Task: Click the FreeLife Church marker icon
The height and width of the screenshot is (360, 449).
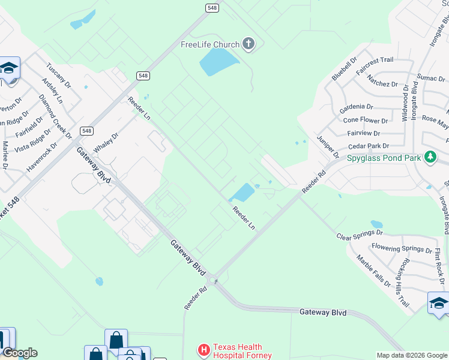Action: [249, 44]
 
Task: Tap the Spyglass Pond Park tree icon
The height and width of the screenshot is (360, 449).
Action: [430, 158]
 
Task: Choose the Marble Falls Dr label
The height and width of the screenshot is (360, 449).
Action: [374, 270]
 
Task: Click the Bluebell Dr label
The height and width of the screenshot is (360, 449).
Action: [344, 69]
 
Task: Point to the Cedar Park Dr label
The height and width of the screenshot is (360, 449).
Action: [369, 146]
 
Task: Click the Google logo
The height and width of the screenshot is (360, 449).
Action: [19, 353]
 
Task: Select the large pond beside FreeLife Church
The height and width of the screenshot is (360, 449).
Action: [218, 61]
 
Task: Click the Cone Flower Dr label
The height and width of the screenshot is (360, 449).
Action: [366, 119]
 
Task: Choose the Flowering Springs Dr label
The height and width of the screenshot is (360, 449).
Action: [402, 248]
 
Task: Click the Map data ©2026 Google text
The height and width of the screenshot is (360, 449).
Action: [412, 355]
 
